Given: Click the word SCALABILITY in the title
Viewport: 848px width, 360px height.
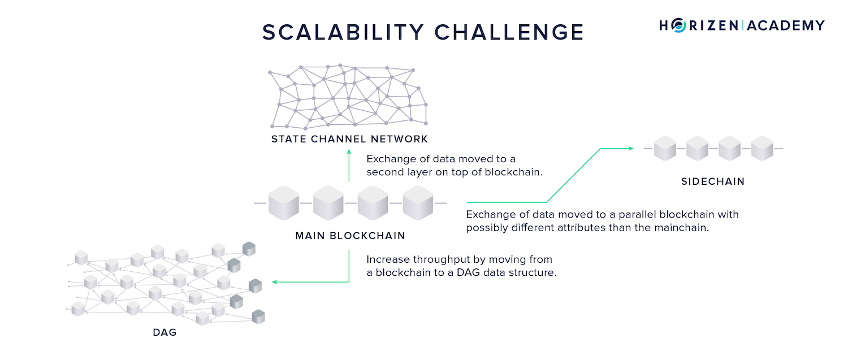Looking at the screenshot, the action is (343, 32).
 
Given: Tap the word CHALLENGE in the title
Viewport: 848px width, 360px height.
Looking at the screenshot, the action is (509, 32).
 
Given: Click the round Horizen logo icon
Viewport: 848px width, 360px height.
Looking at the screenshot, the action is (679, 25).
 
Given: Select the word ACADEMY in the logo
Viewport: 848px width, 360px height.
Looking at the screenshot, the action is (786, 25).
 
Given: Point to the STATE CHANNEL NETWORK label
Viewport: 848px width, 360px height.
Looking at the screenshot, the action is (349, 139).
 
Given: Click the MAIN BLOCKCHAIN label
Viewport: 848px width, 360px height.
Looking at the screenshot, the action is (350, 236).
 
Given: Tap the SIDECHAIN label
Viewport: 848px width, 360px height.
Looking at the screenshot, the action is (713, 181).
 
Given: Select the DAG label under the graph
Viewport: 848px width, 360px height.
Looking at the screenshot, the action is (165, 332).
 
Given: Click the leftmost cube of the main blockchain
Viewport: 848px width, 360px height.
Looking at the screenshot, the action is (284, 203).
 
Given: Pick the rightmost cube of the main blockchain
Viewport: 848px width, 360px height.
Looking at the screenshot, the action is (418, 203).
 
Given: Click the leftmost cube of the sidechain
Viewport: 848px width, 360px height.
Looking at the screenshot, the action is (665, 149).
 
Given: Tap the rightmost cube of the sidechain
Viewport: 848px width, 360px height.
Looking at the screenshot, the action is (762, 149).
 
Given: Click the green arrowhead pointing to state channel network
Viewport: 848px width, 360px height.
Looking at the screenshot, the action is (349, 151).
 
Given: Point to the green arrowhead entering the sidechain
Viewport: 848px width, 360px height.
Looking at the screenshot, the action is (631, 149).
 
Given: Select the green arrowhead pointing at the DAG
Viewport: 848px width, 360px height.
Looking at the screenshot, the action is (275, 282).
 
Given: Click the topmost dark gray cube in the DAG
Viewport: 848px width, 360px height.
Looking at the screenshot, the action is (249, 249).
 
